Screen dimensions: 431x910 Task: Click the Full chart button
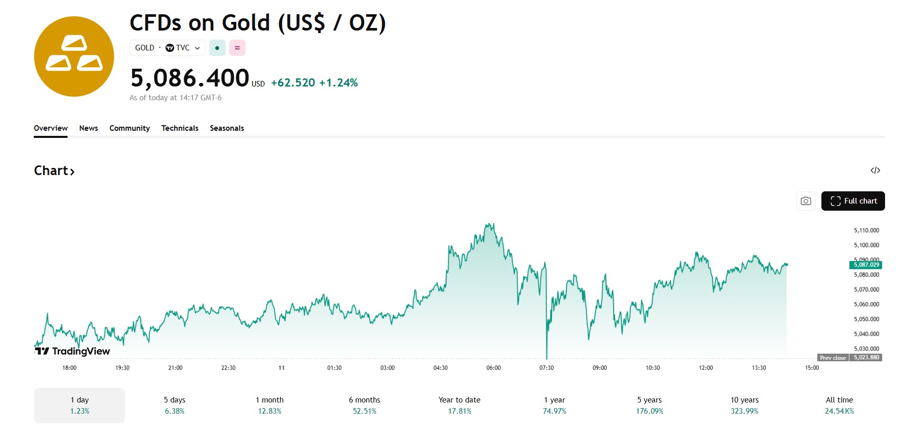[x=853, y=201]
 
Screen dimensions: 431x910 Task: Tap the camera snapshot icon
[x=806, y=201]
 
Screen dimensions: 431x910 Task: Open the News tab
[x=89, y=128]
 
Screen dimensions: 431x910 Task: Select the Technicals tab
[x=180, y=128]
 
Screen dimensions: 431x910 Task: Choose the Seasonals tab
[x=227, y=128]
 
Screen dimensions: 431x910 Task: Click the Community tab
[x=129, y=128]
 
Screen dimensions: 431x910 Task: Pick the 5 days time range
[x=175, y=405]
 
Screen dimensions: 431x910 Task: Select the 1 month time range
[x=269, y=405]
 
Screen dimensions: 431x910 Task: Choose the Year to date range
[x=459, y=405]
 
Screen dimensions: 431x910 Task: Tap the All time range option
[x=839, y=405]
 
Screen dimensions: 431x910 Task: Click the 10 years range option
[x=744, y=405]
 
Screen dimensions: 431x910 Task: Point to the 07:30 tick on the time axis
[x=546, y=368]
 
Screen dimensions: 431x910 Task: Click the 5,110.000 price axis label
[x=866, y=231]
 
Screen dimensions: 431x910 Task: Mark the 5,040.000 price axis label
[x=866, y=334]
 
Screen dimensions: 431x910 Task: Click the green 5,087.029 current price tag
[x=866, y=265]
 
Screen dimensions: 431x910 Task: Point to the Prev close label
[x=833, y=358]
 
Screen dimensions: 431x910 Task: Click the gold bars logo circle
[x=74, y=56]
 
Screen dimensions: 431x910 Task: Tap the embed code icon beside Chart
[x=875, y=170]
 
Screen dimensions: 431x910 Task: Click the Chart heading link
[x=54, y=171]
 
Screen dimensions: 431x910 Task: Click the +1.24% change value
[x=339, y=83]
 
